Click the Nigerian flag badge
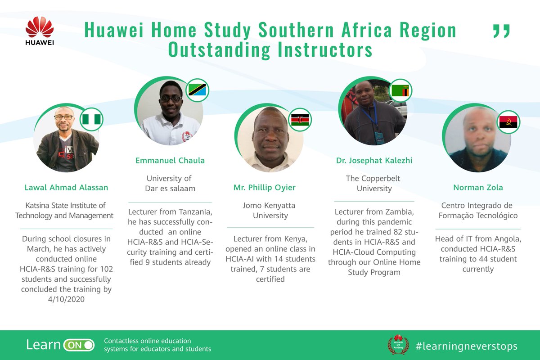(x=92, y=119)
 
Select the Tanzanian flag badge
(x=197, y=90)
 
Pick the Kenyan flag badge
(x=300, y=120)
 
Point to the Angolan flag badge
(x=509, y=122)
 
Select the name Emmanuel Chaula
(x=170, y=161)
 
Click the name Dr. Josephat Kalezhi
(x=374, y=161)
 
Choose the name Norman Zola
(x=477, y=188)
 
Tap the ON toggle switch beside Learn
(x=79, y=345)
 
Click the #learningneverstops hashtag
(x=466, y=346)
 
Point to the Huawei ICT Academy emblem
(x=398, y=344)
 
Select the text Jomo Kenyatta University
(x=270, y=210)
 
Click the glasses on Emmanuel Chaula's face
(x=171, y=98)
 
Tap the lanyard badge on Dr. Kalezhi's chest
(x=379, y=138)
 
